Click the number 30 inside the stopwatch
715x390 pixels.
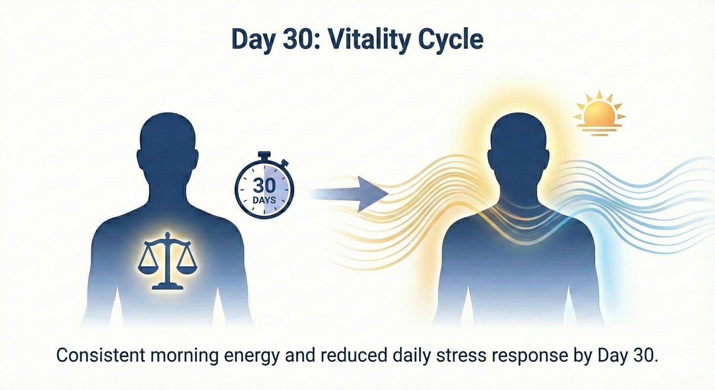[265, 186]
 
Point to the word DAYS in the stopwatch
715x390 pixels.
[264, 200]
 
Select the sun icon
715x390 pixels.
[599, 113]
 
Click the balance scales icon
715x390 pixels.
[168, 261]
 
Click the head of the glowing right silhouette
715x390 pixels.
[519, 147]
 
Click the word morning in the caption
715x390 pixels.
[184, 356]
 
